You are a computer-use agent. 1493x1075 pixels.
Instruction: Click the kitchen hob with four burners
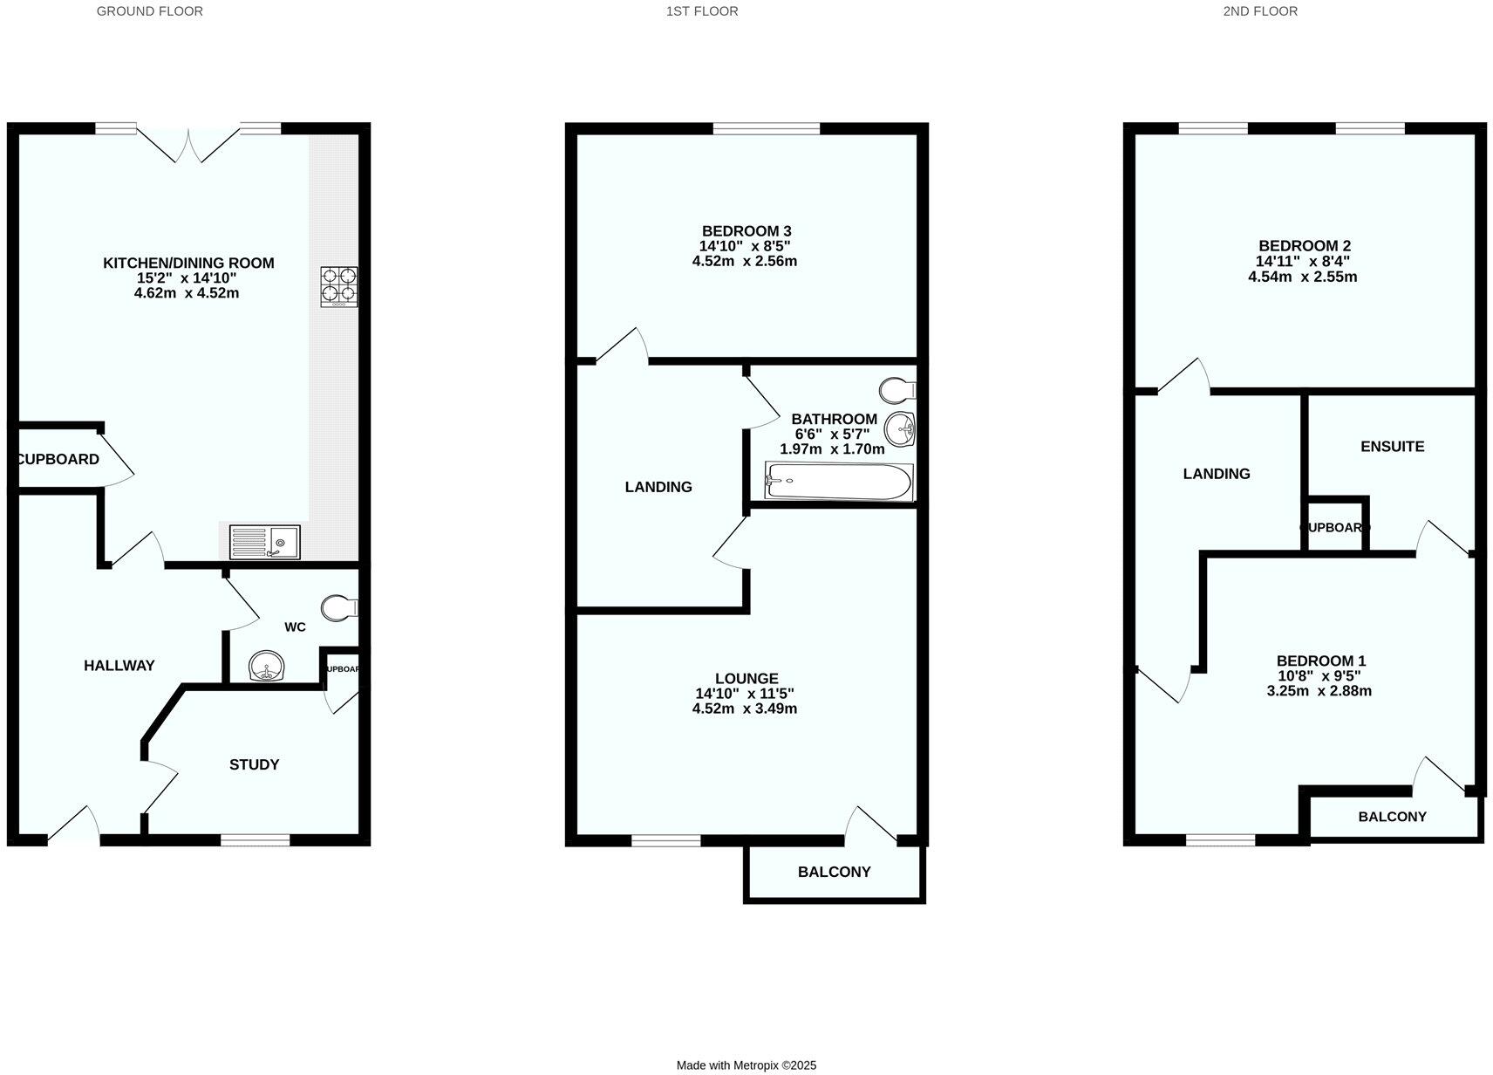[338, 286]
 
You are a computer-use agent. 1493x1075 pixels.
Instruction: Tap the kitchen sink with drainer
[264, 542]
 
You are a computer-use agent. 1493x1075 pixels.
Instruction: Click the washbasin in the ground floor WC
[266, 668]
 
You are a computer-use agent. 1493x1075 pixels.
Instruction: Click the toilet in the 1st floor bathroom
[896, 388]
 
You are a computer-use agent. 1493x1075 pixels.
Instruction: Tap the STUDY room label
[254, 764]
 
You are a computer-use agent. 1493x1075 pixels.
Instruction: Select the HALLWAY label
[119, 665]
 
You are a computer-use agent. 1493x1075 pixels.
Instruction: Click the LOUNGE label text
[746, 678]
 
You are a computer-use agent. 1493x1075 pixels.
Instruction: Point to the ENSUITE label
[1392, 446]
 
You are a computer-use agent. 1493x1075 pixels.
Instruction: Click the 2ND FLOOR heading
[1259, 11]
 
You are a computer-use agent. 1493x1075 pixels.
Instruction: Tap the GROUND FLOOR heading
[150, 11]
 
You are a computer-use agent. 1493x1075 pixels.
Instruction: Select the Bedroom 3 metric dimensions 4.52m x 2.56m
[744, 261]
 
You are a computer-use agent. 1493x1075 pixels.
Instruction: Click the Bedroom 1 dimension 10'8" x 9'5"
[1319, 675]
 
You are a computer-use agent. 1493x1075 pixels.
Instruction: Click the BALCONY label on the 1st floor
[834, 872]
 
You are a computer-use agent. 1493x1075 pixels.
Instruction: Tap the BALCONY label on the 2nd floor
[1392, 817]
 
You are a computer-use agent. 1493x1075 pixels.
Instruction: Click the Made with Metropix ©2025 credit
[746, 1065]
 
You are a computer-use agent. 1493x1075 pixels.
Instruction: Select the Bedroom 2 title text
[1304, 246]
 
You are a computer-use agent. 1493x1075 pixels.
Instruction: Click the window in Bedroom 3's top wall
[767, 128]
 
